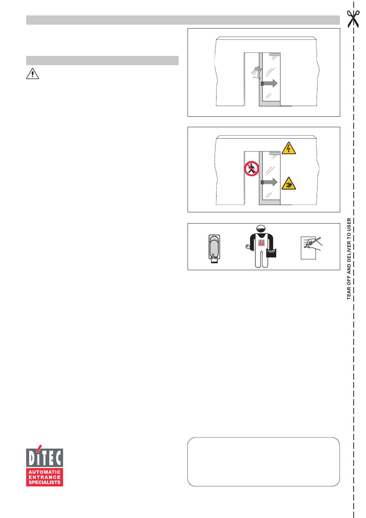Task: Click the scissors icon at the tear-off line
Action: [353, 19]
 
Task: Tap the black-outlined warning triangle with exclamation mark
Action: [33, 73]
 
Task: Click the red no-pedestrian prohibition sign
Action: [252, 169]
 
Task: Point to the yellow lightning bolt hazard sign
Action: [289, 148]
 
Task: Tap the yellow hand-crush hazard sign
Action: [289, 184]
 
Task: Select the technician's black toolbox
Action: [271, 253]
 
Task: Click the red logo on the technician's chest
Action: [261, 242]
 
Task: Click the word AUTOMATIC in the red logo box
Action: [45, 472]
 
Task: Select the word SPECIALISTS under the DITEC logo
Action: [45, 483]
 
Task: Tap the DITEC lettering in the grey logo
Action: [45, 458]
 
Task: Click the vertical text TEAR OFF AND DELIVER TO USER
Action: [349, 259]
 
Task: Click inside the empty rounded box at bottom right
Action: [264, 462]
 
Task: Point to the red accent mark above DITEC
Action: [38, 448]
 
